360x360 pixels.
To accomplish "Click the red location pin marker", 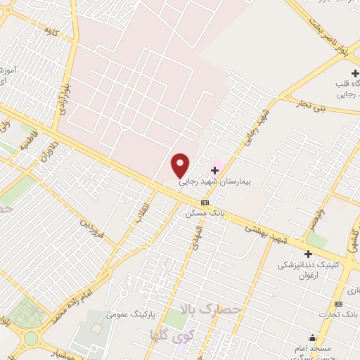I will tap(181, 165).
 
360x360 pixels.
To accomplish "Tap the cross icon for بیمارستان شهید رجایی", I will tap(214, 170).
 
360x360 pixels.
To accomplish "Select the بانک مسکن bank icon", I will tap(205, 202).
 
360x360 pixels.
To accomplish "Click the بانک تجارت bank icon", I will tap(339, 303).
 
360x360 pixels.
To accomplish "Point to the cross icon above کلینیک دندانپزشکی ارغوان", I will tap(308, 254).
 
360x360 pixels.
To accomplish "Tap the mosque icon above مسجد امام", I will tap(312, 337).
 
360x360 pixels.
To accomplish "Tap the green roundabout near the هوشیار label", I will tap(32, 338).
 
